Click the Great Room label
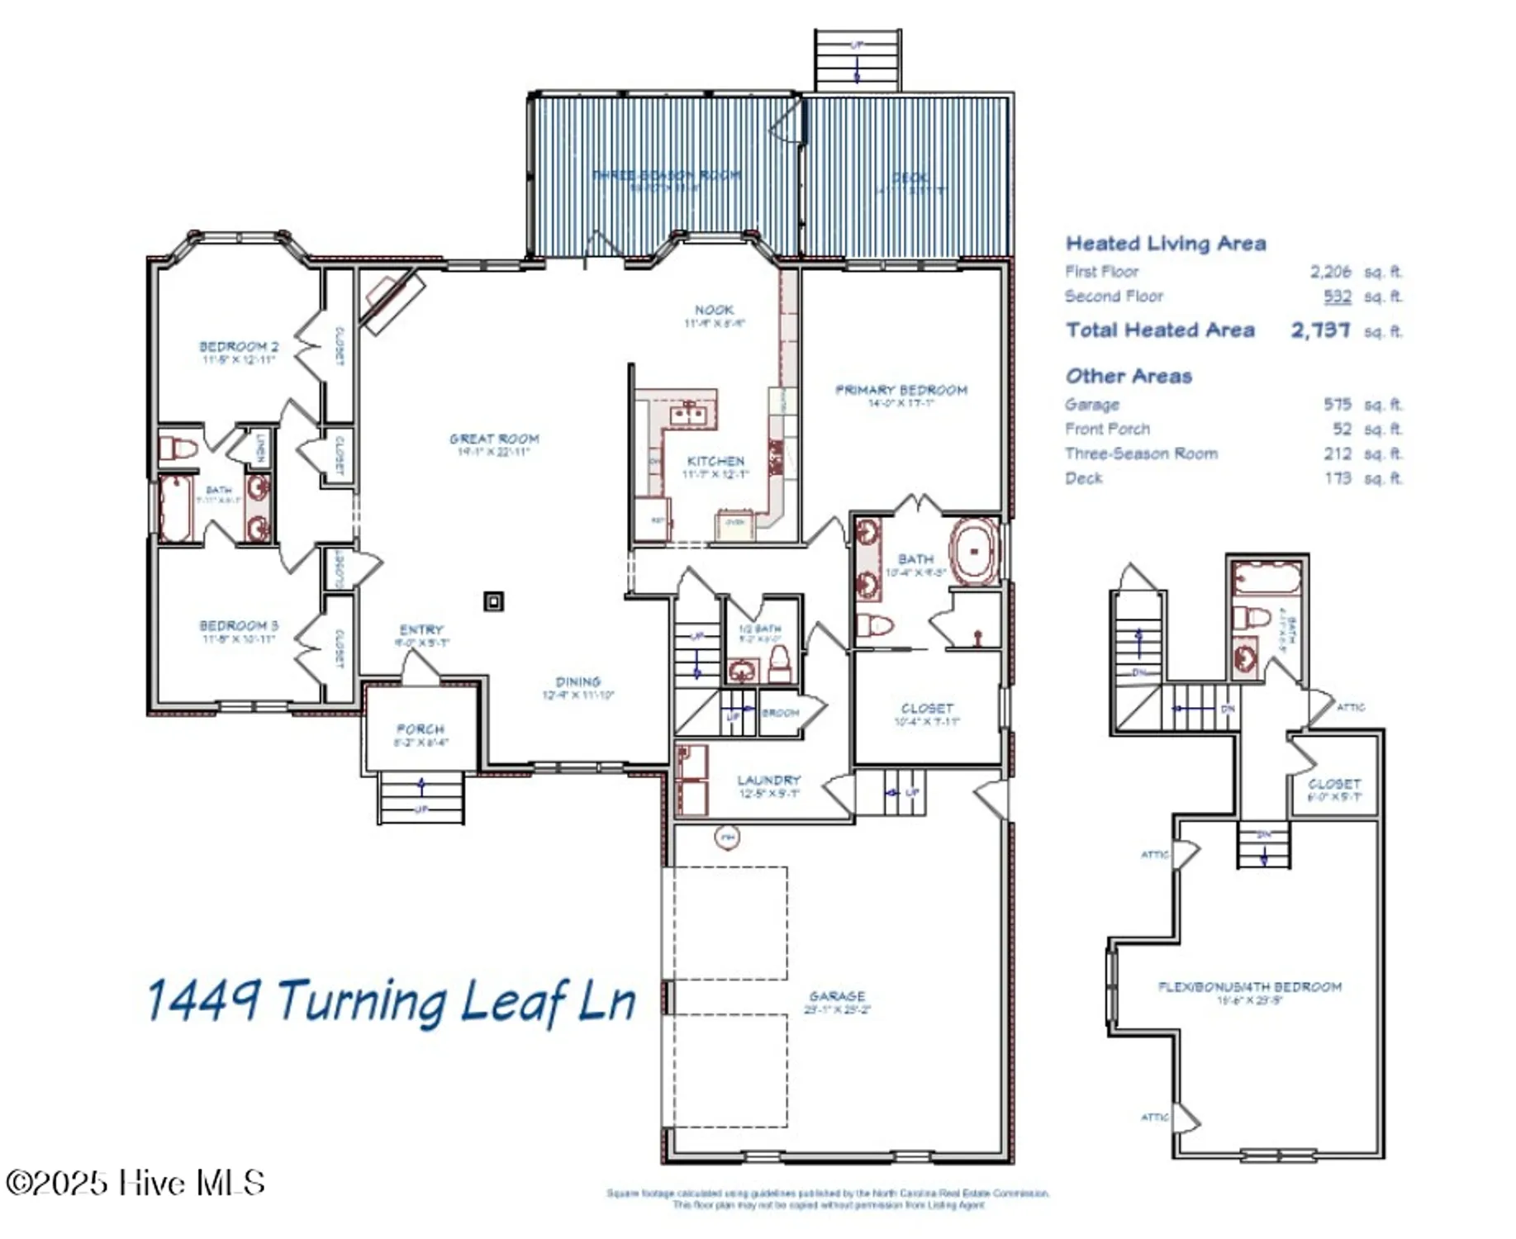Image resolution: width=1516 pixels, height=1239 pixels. pos(494,439)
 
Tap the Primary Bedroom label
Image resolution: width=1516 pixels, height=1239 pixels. pos(901,391)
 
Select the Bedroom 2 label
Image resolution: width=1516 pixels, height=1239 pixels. pos(239,347)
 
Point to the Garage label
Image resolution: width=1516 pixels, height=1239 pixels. pos(837,997)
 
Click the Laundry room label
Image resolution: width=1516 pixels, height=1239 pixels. pos(768,781)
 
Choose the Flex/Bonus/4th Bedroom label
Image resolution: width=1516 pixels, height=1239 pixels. pos(1249,987)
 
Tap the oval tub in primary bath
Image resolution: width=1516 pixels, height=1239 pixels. pos(976,551)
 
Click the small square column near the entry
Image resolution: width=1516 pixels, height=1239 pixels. pos(493,601)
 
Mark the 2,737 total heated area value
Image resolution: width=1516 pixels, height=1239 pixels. pos(1320,330)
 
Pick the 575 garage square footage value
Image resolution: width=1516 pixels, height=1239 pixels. pos(1337,405)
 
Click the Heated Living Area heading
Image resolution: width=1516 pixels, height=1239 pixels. pos(1165,244)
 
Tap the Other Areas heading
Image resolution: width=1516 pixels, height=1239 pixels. pos(1129,377)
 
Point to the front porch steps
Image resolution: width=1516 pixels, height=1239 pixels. pos(421,797)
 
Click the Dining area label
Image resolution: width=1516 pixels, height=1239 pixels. pos(577,682)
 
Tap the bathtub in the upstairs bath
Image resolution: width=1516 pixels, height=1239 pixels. pos(1266,578)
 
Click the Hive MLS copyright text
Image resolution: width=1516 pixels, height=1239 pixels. pos(135,1183)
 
